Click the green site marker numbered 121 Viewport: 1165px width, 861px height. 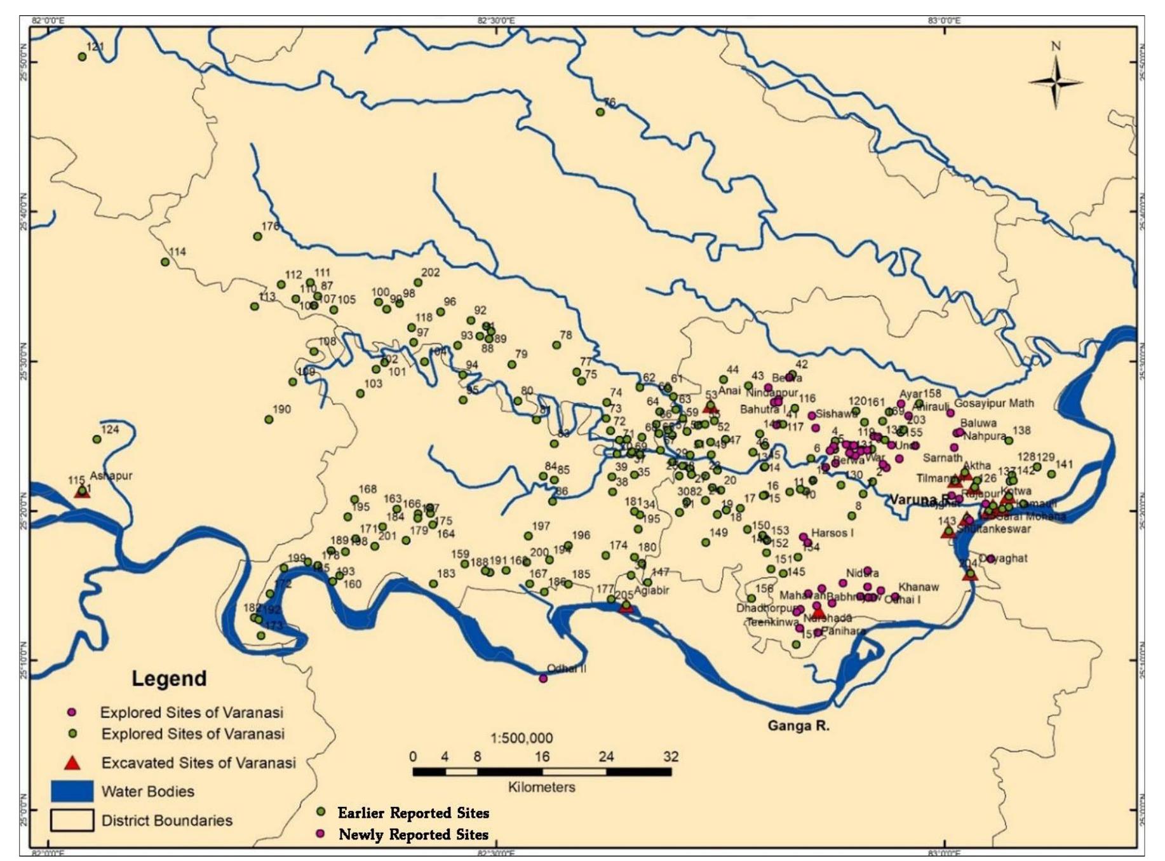click(82, 57)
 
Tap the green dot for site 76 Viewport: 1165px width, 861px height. click(600, 112)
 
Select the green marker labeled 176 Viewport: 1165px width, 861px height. click(258, 236)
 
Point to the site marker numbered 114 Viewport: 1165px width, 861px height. click(165, 262)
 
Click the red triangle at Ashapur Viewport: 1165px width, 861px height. click(82, 491)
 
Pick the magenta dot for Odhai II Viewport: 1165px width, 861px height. click(543, 678)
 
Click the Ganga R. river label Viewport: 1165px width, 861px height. click(798, 726)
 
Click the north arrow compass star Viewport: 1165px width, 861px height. click(1056, 82)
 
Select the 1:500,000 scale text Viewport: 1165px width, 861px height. click(522, 738)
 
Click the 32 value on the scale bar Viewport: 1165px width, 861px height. click(671, 756)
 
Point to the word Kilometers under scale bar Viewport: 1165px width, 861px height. click(541, 787)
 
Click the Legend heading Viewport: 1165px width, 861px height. click(169, 678)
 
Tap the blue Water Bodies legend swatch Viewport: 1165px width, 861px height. click(72, 791)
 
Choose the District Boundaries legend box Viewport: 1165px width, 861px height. click(72, 820)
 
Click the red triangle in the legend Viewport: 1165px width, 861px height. click(72, 763)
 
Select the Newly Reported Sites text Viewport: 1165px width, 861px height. click(413, 834)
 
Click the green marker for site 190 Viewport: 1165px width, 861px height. click(269, 419)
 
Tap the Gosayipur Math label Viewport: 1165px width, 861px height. click(993, 403)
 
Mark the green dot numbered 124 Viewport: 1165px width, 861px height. click(97, 439)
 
